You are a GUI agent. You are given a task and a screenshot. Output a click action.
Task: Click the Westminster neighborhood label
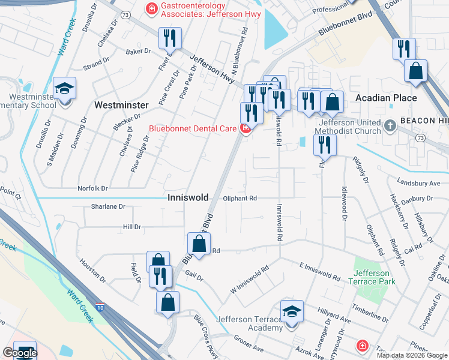coord(121,105)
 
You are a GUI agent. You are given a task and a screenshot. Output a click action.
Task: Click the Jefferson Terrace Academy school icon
coord(292,312)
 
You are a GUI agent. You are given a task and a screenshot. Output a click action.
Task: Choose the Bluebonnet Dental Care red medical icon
coord(246,128)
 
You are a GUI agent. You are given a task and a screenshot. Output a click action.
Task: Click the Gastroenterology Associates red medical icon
coord(151,8)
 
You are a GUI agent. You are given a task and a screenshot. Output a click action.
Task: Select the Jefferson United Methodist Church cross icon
coord(391,126)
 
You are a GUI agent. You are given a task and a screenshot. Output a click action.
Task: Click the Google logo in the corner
coord(20,353)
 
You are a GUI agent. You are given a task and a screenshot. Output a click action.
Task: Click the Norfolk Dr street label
coord(92,188)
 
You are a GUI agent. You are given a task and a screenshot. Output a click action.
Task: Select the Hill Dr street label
coord(131,227)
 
